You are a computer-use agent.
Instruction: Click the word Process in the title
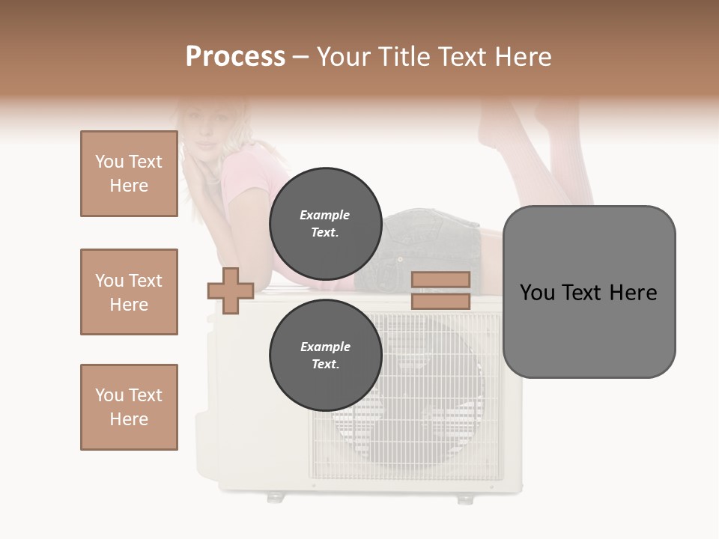(x=235, y=57)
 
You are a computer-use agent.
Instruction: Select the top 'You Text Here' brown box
(x=129, y=174)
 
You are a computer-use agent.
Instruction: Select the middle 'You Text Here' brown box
(x=129, y=292)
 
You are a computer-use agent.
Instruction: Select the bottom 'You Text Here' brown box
(x=129, y=407)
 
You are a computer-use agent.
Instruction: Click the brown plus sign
(x=230, y=290)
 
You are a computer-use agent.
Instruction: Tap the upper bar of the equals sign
(x=440, y=279)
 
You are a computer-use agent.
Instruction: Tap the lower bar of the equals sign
(x=440, y=302)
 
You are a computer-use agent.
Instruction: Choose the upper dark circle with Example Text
(x=325, y=224)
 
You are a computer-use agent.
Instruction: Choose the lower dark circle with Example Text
(x=325, y=356)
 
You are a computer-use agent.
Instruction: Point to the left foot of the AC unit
(x=276, y=496)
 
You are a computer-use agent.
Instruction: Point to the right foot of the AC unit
(x=464, y=498)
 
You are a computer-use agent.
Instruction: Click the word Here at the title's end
(x=523, y=57)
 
